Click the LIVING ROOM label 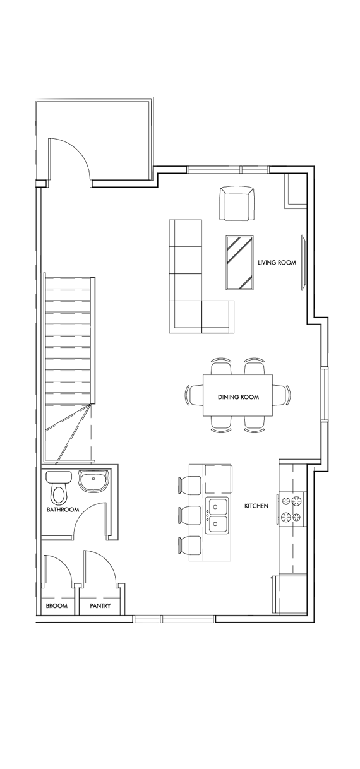277,262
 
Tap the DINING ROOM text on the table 238,397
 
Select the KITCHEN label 256,506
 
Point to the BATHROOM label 63,510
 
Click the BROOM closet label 56,606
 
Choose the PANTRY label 100,606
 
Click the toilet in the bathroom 59,488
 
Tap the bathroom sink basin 94,482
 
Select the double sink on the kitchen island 216,515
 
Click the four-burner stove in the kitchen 292,510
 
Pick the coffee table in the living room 240,263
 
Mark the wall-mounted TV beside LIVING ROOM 304,262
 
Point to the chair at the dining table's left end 190,396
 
